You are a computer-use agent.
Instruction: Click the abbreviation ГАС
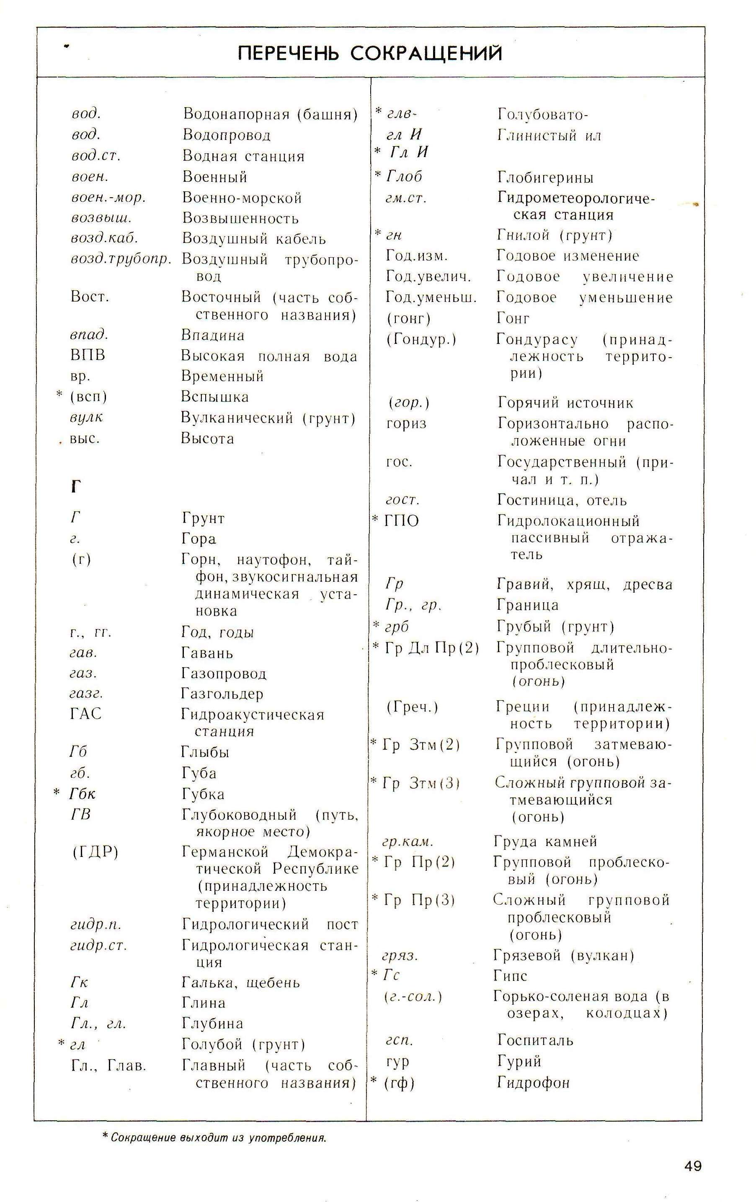85,714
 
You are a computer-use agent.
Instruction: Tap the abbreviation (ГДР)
95,851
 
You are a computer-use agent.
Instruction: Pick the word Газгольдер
222,693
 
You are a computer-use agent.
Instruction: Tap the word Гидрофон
533,1083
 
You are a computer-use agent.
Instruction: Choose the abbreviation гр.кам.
408,841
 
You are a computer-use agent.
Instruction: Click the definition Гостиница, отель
562,500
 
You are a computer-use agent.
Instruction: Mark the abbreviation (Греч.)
412,707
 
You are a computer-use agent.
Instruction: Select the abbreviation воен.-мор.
108,198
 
